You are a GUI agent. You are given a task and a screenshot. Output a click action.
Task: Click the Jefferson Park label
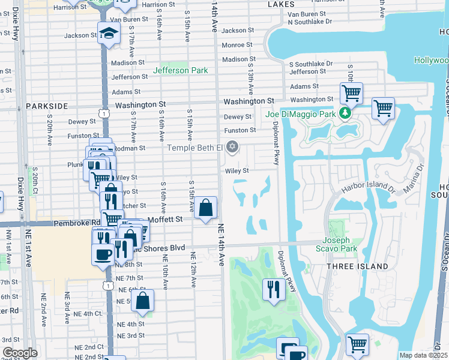pyautogui.click(x=180, y=70)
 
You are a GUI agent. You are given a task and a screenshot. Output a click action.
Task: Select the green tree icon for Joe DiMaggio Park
pyautogui.click(x=345, y=113)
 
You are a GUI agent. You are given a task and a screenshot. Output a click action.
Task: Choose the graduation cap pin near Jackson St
pyautogui.click(x=109, y=33)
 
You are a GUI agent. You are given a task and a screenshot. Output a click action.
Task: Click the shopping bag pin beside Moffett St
pyautogui.click(x=206, y=208)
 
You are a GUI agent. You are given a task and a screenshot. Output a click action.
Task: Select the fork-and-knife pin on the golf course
pyautogui.click(x=273, y=289)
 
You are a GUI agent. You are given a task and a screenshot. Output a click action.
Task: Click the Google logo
pyautogui.click(x=20, y=353)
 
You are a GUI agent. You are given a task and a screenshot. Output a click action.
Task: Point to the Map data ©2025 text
pyautogui.click(x=423, y=355)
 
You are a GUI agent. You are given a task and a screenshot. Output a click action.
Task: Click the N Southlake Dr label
pyautogui.click(x=309, y=22)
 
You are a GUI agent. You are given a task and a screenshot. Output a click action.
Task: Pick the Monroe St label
pyautogui.click(x=238, y=45)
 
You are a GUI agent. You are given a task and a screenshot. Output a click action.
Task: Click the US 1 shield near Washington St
pyautogui.click(x=105, y=113)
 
